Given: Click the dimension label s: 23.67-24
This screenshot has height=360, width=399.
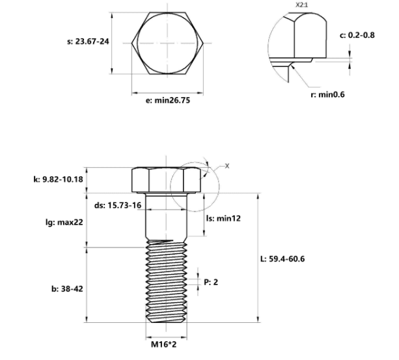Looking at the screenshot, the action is click(x=88, y=41).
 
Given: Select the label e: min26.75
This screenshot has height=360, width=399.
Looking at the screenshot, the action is click(x=168, y=100).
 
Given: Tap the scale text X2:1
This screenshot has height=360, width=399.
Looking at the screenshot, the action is click(x=301, y=5).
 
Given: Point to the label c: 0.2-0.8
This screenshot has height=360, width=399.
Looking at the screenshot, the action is click(x=357, y=35).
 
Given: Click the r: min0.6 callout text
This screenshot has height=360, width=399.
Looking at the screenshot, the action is click(x=327, y=94).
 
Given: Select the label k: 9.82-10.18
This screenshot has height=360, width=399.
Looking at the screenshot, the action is click(x=59, y=180).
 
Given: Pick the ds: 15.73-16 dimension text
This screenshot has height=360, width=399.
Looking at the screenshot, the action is click(x=118, y=205).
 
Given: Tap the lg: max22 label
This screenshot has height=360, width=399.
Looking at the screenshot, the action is click(x=64, y=223).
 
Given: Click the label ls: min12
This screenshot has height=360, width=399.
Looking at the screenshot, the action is click(x=223, y=218).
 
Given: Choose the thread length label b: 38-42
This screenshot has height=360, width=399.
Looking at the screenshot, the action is click(x=67, y=289).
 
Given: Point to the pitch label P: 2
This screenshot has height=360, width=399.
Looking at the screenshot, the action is click(x=211, y=282).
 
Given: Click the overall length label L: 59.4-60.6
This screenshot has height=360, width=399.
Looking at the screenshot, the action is click(x=282, y=259).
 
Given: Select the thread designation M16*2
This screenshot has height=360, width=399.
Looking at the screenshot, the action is click(x=163, y=344).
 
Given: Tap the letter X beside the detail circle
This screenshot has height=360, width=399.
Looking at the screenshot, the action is click(x=227, y=166).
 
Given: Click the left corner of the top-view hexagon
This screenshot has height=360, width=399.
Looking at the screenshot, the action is click(x=132, y=43).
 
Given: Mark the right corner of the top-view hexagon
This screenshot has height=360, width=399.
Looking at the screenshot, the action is click(x=203, y=43).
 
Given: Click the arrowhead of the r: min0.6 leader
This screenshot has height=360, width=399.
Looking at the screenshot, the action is click(x=292, y=66).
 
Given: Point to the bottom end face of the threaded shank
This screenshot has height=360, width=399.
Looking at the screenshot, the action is click(x=167, y=322).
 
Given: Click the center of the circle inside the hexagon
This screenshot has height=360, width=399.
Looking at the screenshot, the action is click(x=167, y=43).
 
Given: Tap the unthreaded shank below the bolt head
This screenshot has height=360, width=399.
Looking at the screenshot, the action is click(x=167, y=216).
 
